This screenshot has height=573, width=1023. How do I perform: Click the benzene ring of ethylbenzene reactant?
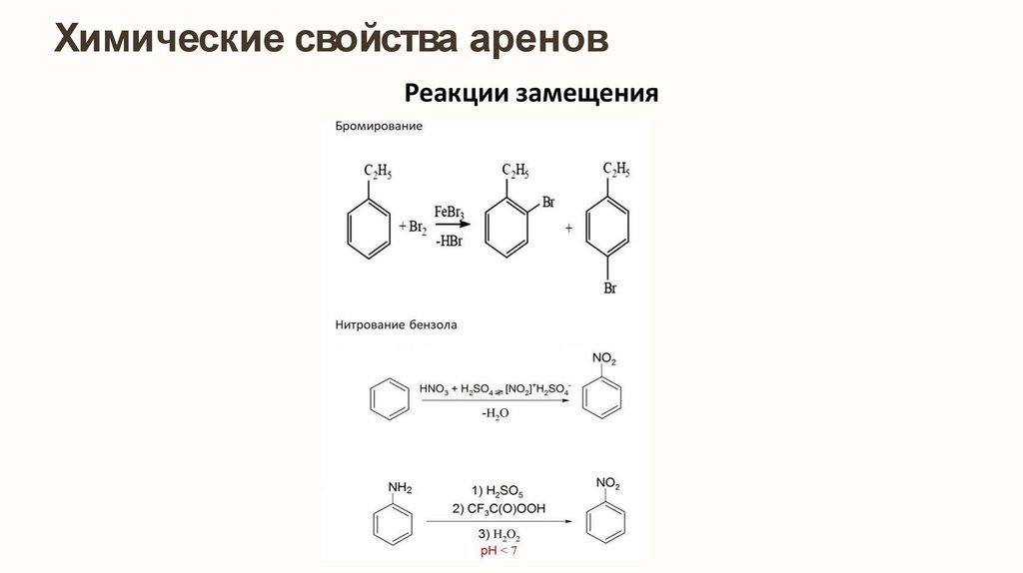click(367, 228)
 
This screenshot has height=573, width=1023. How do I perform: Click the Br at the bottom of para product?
click(608, 289)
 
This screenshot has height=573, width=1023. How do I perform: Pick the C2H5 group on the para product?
click(615, 169)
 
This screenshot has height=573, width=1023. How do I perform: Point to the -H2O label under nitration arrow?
click(495, 413)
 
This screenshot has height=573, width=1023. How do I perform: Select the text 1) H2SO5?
click(498, 490)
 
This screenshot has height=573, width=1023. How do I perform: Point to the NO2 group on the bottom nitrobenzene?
click(607, 484)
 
